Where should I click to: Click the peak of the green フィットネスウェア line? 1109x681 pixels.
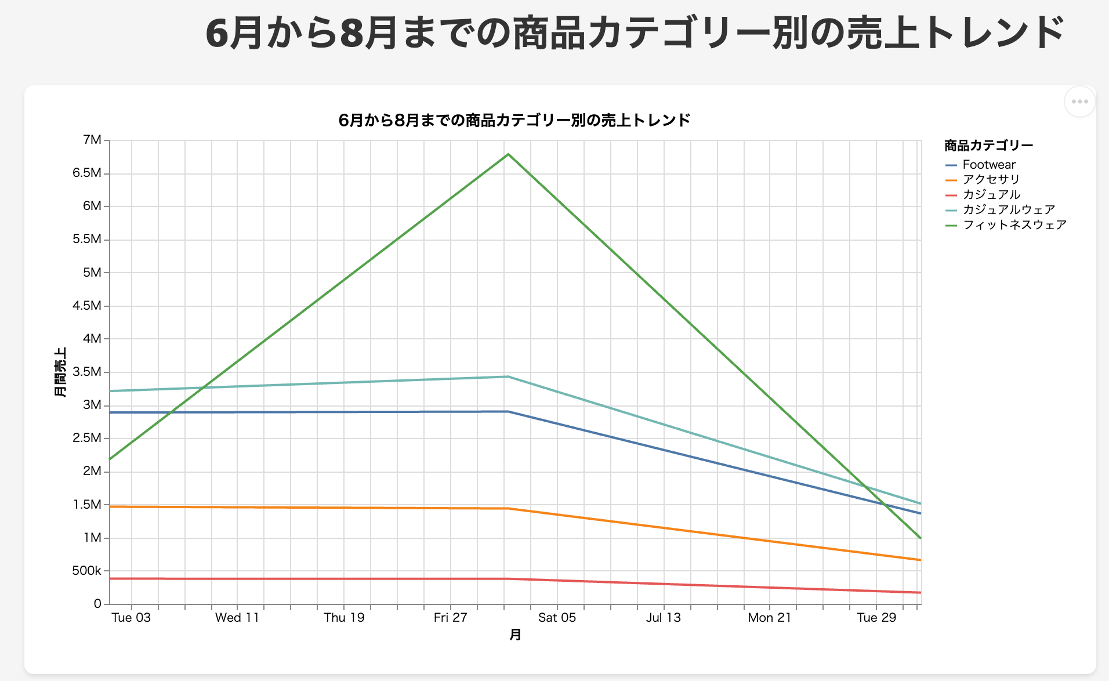508,154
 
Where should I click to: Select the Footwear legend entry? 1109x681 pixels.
988,165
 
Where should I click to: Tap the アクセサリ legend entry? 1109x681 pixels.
991,180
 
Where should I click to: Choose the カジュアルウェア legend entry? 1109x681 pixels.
1008,210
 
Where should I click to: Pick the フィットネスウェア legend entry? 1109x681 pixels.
1014,225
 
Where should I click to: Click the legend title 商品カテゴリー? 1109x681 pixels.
988,146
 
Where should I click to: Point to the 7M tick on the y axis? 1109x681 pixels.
92,140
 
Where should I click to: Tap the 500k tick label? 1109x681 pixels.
86,571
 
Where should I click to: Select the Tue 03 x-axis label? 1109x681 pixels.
131,618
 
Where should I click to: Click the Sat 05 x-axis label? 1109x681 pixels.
557,618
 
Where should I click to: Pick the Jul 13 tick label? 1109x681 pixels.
663,618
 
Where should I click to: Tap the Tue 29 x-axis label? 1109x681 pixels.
876,618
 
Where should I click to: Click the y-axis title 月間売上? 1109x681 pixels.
60,372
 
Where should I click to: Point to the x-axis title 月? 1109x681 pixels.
515,635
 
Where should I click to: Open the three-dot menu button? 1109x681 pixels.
1079,102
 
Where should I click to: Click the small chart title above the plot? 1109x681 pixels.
514,120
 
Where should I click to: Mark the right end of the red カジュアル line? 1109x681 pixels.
920,592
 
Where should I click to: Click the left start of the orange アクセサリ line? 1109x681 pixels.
111,506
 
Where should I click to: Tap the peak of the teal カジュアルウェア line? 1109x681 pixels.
508,377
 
